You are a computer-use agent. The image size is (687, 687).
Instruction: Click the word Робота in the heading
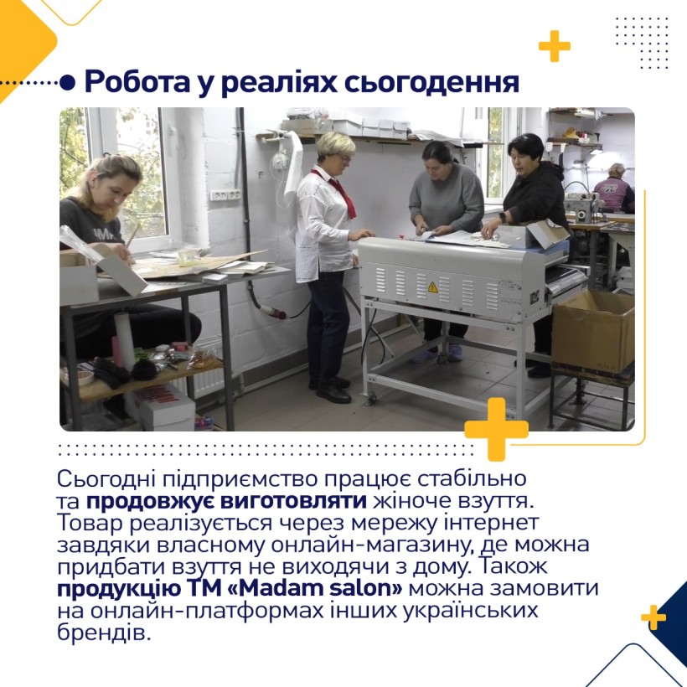point(136,81)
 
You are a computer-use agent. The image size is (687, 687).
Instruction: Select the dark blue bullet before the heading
point(67,82)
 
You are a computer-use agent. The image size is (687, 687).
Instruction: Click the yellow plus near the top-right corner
point(555,46)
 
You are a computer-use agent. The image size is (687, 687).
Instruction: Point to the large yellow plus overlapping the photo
point(497,429)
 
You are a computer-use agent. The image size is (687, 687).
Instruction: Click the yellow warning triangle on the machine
point(432,287)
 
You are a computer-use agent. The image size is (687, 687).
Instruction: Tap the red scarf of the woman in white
point(340,192)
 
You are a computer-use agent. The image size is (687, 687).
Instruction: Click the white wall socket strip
point(225,195)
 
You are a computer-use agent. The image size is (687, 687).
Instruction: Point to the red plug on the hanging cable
point(274,312)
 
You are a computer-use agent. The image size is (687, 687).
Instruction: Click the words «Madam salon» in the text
point(315,588)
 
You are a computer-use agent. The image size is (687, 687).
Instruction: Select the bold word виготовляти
point(293,501)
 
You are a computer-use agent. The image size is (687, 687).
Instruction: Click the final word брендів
point(104,633)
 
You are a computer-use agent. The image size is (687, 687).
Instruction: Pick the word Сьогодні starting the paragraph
point(107,479)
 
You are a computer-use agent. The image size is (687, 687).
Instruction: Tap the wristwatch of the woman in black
point(502,217)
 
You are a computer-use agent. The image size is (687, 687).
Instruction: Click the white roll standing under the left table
point(125,339)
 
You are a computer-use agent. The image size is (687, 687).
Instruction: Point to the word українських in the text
point(470,610)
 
